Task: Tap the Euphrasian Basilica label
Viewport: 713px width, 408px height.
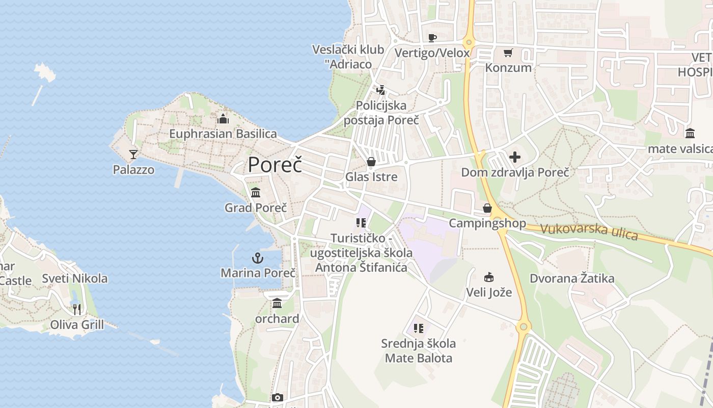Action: pos(223,134)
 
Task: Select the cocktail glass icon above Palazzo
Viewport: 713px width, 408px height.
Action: pos(133,154)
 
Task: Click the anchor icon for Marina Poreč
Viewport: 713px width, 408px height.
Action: pos(258,258)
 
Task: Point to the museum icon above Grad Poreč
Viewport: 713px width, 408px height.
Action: pos(256,193)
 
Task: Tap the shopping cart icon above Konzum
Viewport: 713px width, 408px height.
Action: pos(508,53)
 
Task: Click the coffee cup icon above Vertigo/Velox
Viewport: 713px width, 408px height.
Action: pos(432,37)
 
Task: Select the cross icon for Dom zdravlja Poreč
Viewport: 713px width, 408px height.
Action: pos(515,157)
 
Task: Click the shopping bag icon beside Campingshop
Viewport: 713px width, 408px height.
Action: pos(487,208)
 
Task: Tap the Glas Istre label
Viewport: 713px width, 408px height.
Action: pos(371,177)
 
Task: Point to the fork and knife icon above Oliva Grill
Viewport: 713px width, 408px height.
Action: pos(77,309)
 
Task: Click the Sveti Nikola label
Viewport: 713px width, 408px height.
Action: pos(75,278)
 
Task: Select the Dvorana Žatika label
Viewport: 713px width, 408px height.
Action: pos(572,278)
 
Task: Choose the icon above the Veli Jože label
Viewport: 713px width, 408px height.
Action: pos(489,277)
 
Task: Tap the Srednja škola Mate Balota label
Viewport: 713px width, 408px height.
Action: pos(419,350)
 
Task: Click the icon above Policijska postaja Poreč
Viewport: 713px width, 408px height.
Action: pos(380,90)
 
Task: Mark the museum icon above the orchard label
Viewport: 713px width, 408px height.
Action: pos(277,303)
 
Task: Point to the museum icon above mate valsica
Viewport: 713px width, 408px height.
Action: pos(690,133)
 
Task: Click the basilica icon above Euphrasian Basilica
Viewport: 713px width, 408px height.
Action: pos(223,119)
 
